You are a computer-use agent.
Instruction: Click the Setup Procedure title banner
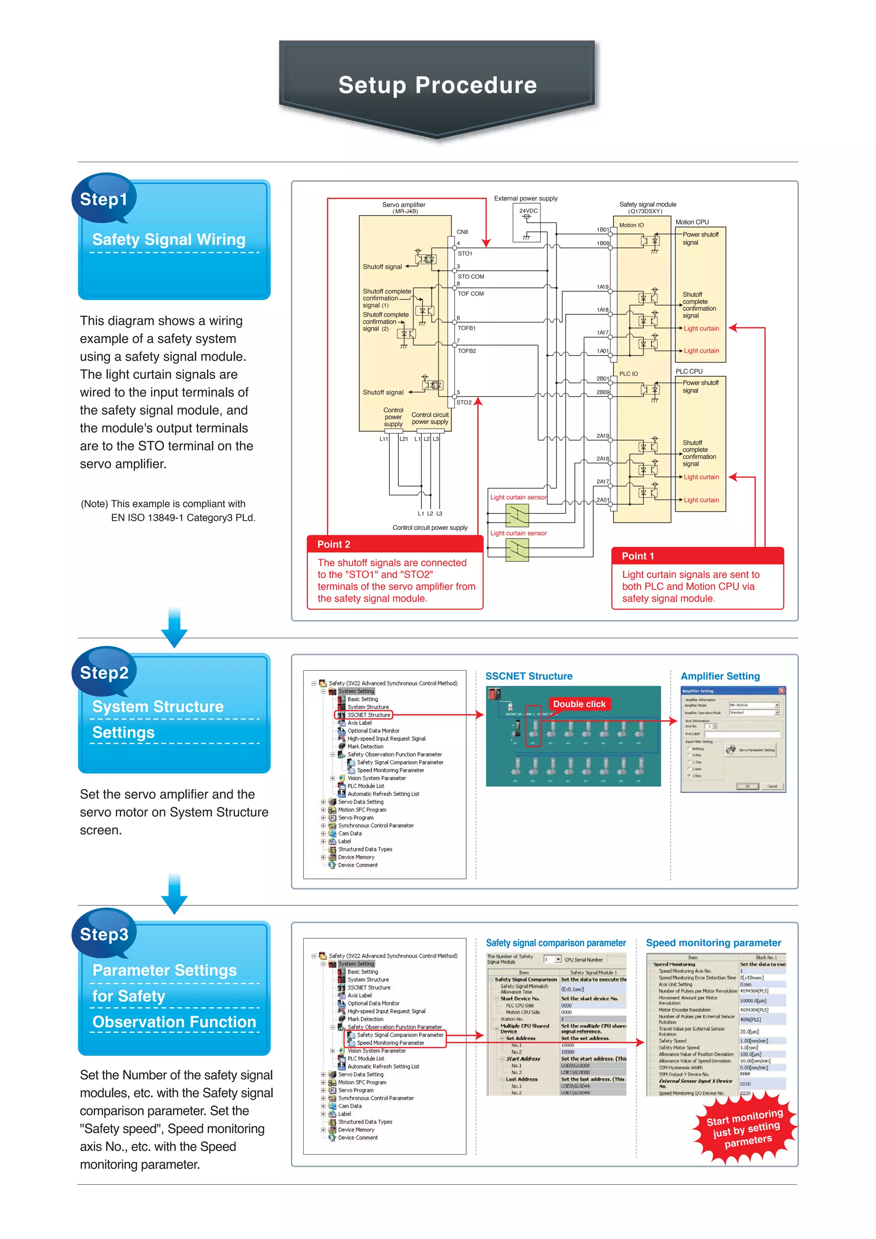437,85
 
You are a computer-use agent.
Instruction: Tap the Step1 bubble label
104,199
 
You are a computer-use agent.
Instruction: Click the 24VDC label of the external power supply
528,210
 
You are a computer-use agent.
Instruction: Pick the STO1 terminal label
465,254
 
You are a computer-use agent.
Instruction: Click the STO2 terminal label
464,402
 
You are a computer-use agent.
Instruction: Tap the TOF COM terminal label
471,293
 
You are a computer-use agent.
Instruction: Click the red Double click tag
579,704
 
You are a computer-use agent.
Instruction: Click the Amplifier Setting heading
719,676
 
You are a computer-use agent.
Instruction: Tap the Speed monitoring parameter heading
713,943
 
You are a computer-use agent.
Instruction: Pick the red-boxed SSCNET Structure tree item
368,715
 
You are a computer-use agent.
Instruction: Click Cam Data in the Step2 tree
350,833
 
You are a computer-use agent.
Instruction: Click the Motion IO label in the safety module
631,225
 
